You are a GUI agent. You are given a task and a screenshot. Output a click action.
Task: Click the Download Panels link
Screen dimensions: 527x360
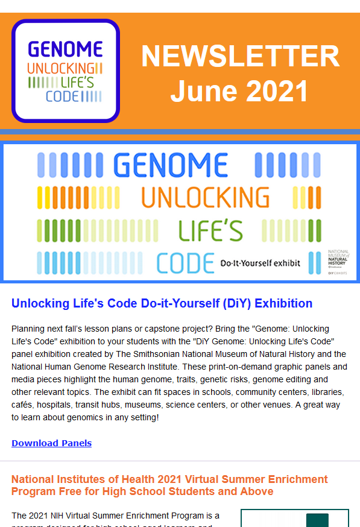(x=51, y=443)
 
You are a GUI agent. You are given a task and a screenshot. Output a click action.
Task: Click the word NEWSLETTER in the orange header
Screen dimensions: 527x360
(x=240, y=57)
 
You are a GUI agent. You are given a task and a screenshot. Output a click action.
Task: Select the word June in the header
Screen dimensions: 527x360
(x=200, y=91)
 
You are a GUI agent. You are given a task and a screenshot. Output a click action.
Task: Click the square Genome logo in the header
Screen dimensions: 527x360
(x=66, y=71)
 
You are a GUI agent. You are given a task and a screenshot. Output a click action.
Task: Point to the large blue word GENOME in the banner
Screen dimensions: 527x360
(x=170, y=165)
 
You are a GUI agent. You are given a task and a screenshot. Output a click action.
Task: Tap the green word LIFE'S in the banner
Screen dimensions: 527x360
(x=210, y=230)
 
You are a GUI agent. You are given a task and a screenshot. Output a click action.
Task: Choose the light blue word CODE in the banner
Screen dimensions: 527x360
(x=185, y=262)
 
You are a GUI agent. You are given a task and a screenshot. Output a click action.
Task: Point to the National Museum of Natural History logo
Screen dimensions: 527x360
(x=338, y=259)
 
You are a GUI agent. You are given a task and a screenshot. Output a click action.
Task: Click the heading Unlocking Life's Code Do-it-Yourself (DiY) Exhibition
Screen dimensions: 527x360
(x=162, y=303)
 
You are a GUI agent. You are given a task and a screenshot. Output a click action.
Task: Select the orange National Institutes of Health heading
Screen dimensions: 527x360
(x=169, y=485)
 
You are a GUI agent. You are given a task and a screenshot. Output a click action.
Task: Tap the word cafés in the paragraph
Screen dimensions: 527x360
(x=23, y=405)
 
